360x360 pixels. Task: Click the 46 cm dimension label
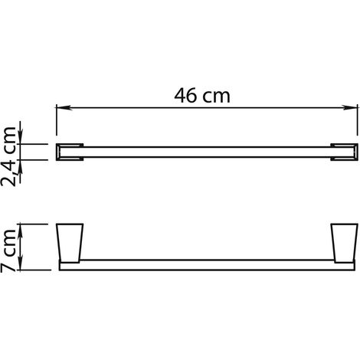coord(202,96)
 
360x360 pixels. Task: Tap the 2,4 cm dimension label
coord(8,156)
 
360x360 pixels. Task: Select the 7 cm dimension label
coord(8,250)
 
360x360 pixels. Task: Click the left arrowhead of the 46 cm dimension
coord(64,107)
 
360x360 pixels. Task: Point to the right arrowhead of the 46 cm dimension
coord(350,107)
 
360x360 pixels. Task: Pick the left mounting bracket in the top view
coord(70,152)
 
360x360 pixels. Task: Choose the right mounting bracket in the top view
coord(344,152)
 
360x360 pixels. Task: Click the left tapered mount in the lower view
coord(70,243)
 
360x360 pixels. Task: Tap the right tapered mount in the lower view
coord(344,243)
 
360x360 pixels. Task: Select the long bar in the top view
coord(207,152)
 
